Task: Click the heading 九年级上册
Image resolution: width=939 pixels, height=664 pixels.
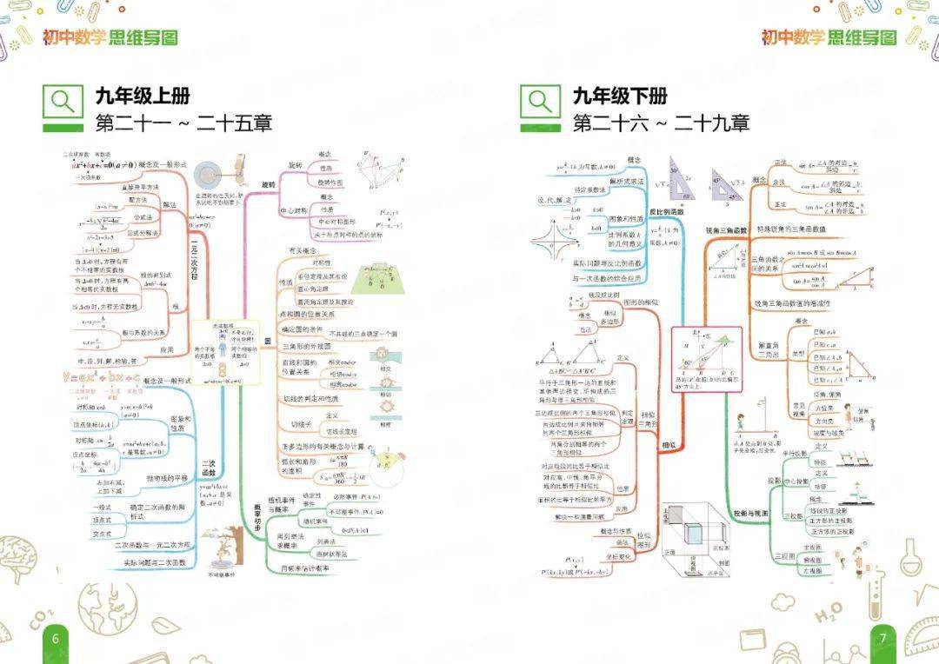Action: tap(143, 95)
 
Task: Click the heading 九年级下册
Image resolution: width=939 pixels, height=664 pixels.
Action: tap(619, 95)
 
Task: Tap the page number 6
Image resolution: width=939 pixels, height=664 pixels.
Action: tap(56, 639)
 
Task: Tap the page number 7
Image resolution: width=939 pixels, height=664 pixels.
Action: tap(882, 639)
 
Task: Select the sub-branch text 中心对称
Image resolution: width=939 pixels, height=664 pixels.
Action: tap(290, 210)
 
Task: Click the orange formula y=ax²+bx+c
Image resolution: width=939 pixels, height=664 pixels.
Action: tap(102, 378)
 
